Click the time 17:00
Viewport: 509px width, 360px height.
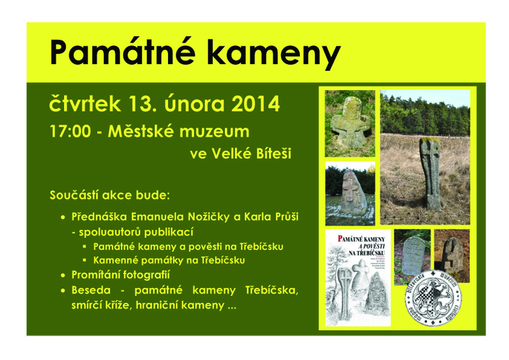(x=70, y=131)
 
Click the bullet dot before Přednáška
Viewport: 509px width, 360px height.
(x=63, y=217)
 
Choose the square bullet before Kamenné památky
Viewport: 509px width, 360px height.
(x=84, y=261)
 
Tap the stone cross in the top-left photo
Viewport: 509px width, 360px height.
(x=350, y=122)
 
